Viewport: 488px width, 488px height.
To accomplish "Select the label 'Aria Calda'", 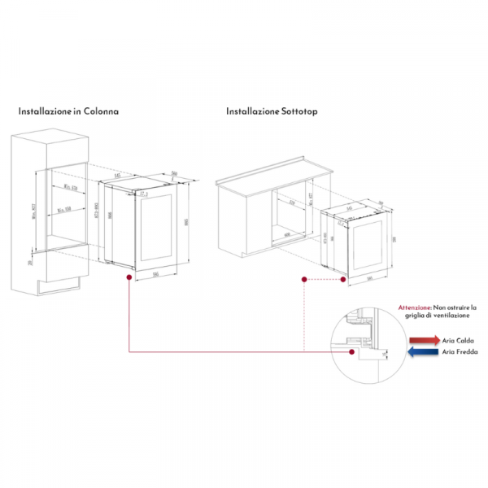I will pos(460,340).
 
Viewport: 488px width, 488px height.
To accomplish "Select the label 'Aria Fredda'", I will pos(461,352).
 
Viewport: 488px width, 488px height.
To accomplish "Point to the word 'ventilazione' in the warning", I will pos(455,316).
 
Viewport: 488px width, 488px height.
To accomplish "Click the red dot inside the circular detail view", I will pos(351,351).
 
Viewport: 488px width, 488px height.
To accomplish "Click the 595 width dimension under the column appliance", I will pos(155,274).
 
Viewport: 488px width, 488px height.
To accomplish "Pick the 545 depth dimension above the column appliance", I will pos(117,175).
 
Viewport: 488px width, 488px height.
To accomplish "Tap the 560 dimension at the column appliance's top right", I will pos(175,172).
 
